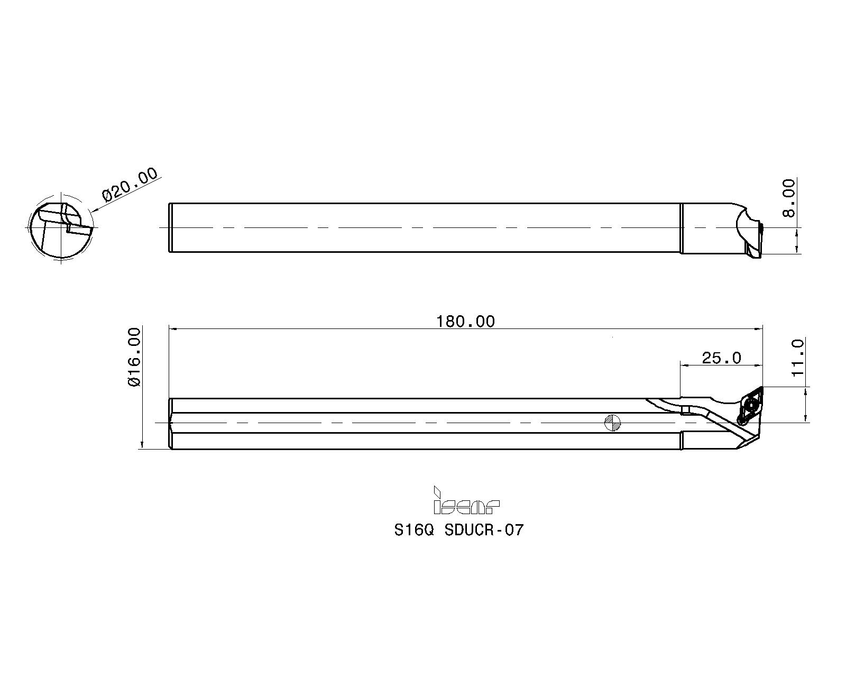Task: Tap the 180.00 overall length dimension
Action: click(x=465, y=322)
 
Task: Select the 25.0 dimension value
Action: click(x=721, y=358)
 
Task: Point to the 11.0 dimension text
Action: click(x=798, y=358)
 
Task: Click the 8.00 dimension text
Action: click(x=789, y=198)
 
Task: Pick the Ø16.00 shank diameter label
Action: click(x=134, y=357)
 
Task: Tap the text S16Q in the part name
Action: click(x=414, y=530)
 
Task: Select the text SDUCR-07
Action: click(x=484, y=530)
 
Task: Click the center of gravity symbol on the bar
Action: click(x=612, y=423)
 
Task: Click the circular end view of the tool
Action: click(x=61, y=227)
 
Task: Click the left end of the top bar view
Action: click(x=169, y=227)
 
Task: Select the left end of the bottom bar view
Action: click(x=170, y=423)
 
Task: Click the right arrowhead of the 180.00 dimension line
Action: click(x=759, y=328)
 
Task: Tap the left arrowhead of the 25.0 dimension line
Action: click(x=685, y=365)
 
